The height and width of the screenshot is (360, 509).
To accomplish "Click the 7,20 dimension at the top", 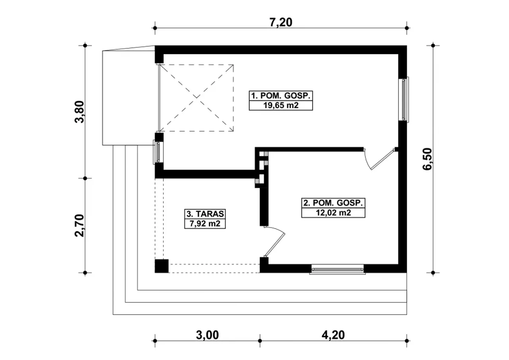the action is (281, 23).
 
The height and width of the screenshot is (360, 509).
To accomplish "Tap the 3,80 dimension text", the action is (80, 112).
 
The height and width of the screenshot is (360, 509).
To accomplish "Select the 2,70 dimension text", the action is (80, 226).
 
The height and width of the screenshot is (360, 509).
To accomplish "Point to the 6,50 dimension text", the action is (427, 159).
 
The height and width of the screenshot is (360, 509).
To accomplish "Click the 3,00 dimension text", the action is (207, 335).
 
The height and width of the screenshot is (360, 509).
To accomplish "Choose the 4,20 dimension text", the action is (333, 335).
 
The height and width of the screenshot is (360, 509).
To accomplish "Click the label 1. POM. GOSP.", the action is (281, 96).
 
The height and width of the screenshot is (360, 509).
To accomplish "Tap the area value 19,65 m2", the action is (281, 105).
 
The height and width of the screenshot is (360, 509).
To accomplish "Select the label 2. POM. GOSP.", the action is (333, 203).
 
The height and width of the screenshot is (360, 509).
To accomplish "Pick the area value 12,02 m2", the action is (333, 213).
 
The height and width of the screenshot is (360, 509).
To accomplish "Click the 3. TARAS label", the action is (205, 214).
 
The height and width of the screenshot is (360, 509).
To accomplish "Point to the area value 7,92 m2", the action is (205, 224).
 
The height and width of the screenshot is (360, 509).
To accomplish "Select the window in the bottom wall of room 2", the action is (338, 269).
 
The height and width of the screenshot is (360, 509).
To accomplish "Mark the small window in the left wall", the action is (157, 152).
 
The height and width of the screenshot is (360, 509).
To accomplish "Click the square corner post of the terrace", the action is (161, 266).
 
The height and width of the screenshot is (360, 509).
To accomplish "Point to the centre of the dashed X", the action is (196, 98).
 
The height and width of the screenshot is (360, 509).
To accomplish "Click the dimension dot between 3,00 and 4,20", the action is (260, 341).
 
